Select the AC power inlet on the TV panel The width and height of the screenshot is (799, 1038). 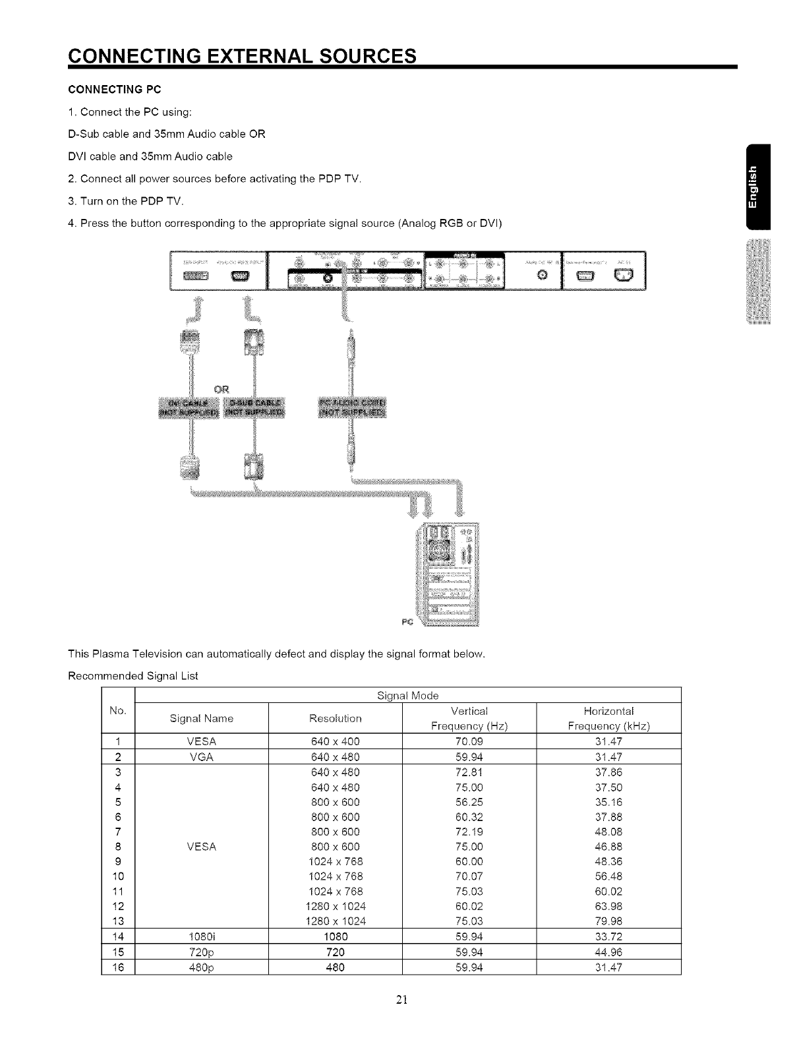point(624,275)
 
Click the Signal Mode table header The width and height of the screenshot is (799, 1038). point(407,695)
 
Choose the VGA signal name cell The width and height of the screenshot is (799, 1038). point(201,756)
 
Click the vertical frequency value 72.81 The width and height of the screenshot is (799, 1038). point(469,772)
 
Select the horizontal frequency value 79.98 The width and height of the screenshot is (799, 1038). point(608,921)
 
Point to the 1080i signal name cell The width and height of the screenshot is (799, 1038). point(201,936)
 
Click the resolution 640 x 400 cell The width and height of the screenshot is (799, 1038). point(335,741)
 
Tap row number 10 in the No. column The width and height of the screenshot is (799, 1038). point(118,876)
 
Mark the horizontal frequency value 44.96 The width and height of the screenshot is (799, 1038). point(608,952)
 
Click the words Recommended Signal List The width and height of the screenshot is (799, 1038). point(133,676)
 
